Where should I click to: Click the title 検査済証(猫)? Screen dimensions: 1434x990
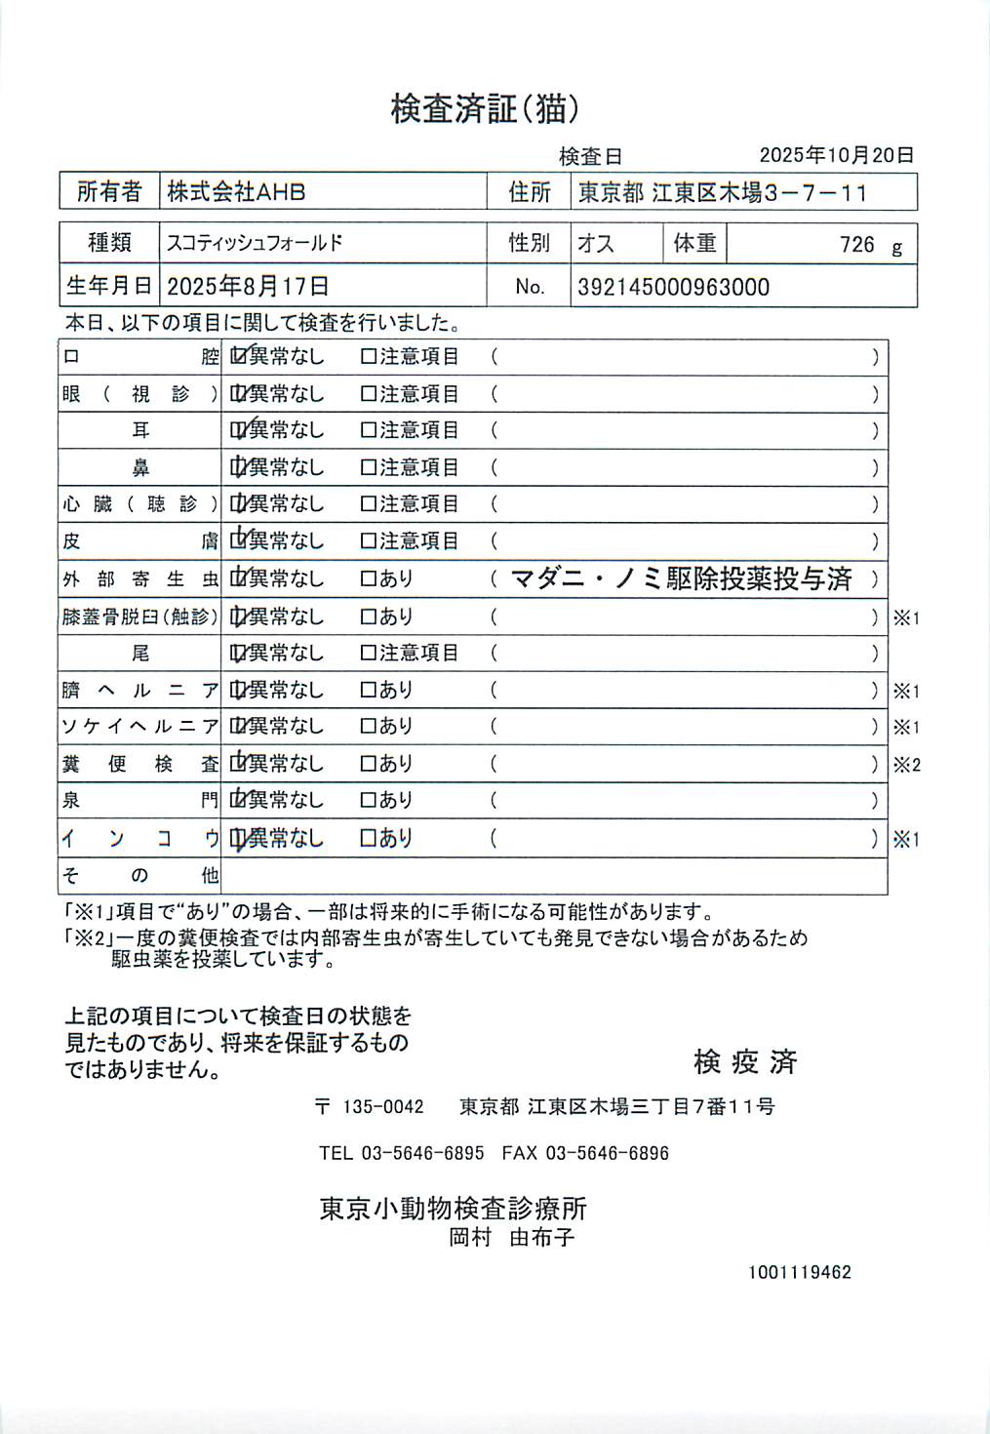(x=485, y=108)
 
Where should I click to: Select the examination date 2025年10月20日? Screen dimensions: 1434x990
(x=836, y=155)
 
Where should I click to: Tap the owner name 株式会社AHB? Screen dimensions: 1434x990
(x=236, y=192)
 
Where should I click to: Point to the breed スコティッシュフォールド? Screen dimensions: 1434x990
(x=255, y=243)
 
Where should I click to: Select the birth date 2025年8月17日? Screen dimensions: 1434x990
(x=248, y=286)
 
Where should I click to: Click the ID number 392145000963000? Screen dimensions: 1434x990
(x=673, y=287)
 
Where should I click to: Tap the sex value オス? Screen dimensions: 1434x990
(x=595, y=243)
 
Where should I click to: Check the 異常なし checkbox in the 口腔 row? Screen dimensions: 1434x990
(x=238, y=357)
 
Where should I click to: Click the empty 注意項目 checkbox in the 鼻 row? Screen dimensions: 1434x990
(x=368, y=468)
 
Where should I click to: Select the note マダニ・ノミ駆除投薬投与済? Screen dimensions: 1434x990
(x=681, y=579)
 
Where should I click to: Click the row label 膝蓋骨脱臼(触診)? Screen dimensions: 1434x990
(x=139, y=617)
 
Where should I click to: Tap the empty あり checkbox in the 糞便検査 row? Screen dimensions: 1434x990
(x=368, y=764)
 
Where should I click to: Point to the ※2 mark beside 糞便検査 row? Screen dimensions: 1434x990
(x=906, y=765)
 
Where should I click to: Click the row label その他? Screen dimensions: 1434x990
(x=139, y=875)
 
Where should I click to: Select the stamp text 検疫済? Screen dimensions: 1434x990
(x=745, y=1061)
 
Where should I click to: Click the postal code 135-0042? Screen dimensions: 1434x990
(x=382, y=1106)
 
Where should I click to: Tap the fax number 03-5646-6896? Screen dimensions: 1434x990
(x=607, y=1153)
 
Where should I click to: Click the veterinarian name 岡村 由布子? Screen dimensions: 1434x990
(x=511, y=1238)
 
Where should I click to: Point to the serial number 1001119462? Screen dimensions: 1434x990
(x=800, y=1272)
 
